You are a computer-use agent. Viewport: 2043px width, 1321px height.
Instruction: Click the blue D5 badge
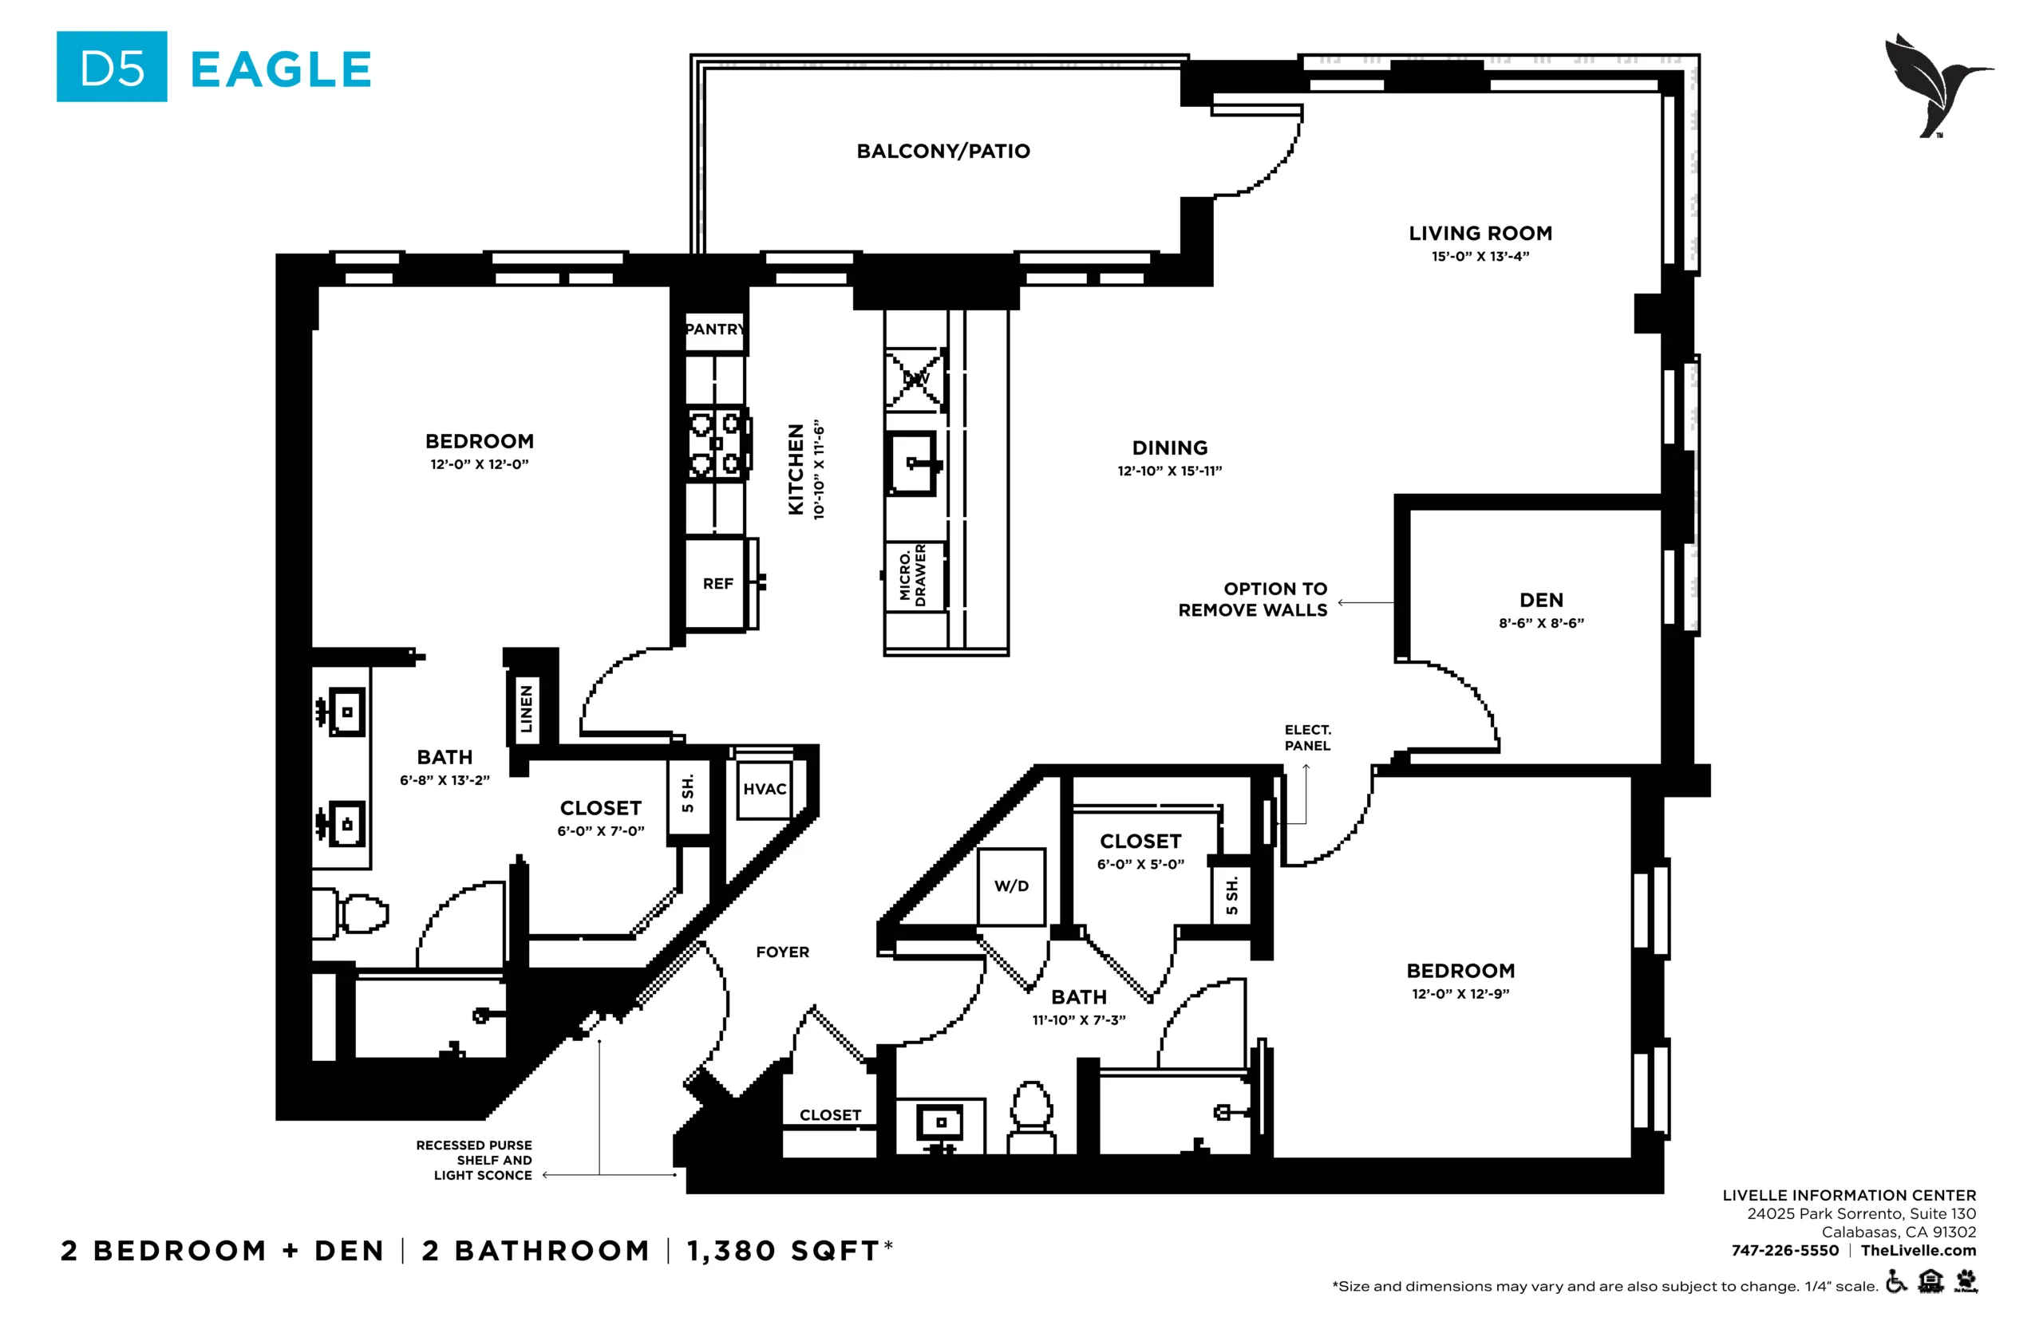point(112,67)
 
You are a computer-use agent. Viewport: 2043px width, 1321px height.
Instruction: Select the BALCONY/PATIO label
point(943,151)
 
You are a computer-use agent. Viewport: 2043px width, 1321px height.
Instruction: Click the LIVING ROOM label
point(1480,232)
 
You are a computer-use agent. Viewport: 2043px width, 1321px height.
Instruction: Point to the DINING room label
point(1169,448)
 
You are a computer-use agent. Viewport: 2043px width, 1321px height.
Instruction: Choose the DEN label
point(1541,601)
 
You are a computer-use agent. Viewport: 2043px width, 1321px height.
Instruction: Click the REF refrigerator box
point(718,584)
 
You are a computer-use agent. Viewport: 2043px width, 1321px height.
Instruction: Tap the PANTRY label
point(715,329)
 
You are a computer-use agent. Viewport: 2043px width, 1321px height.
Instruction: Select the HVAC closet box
point(765,789)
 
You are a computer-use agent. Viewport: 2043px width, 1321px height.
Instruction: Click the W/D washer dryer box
point(1011,886)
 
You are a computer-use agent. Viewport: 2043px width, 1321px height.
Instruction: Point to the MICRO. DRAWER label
point(913,574)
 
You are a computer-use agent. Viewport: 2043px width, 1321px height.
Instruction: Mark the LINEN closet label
point(526,708)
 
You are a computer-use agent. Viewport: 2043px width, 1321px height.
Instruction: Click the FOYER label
point(783,952)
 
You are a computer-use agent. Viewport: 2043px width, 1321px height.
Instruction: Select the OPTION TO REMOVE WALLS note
point(1253,600)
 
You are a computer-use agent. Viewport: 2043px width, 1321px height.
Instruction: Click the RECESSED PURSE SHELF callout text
point(475,1161)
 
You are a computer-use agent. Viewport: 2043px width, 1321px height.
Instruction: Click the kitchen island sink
point(911,464)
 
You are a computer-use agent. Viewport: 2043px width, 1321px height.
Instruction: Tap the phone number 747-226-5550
point(1784,1251)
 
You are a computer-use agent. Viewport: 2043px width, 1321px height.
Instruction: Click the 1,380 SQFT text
point(784,1251)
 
